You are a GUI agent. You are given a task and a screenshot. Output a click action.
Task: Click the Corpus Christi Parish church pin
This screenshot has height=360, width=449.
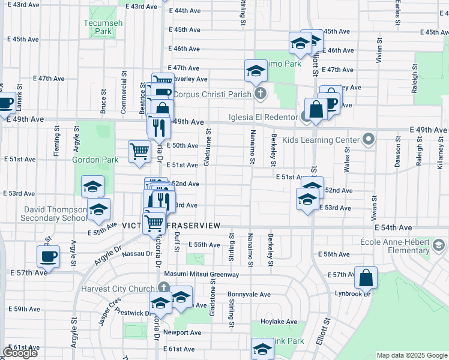(x=259, y=94)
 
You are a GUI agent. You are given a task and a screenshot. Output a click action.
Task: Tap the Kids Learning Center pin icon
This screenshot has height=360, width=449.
(x=369, y=139)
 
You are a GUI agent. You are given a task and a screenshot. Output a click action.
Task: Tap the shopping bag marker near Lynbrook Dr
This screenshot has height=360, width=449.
(x=366, y=278)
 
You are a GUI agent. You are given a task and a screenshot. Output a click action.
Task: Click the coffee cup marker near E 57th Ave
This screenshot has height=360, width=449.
(x=49, y=256)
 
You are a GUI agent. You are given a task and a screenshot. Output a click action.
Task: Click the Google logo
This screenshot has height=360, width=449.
(x=20, y=353)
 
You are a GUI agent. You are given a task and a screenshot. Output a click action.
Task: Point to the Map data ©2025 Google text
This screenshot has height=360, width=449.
(x=411, y=355)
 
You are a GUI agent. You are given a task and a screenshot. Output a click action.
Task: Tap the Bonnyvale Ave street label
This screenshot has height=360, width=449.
(x=249, y=295)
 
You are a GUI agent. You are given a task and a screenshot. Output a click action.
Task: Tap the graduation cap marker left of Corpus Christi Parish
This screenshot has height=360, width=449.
(x=256, y=71)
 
